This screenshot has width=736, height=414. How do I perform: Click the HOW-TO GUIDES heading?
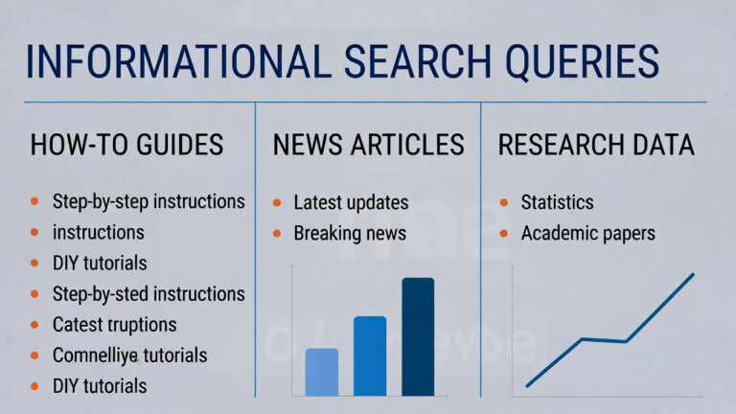coord(126,145)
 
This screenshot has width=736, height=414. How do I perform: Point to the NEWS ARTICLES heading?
coord(368,145)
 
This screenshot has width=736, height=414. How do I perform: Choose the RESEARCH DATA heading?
coord(596,145)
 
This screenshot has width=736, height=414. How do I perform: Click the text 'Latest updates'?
coord(351,203)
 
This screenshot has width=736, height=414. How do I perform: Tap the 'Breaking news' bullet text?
coord(350,233)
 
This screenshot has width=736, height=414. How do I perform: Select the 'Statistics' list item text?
coord(557,203)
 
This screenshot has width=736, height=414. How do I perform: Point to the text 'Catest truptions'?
coord(114,325)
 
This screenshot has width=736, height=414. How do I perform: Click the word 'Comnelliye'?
coord(93,356)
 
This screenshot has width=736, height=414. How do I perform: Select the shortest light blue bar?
coord(321,372)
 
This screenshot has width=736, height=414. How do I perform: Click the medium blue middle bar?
coord(370,356)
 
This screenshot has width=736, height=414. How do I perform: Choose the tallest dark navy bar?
coord(418,336)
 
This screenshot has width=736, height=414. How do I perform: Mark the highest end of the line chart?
coord(693,274)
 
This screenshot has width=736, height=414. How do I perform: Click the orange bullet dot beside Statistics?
coord(504,203)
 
